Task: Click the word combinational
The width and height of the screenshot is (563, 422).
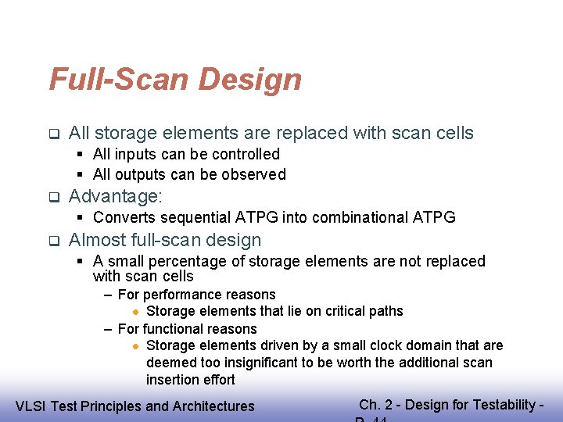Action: pyautogui.click(x=353, y=217)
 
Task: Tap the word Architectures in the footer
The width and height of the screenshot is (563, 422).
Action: pyautogui.click(x=211, y=406)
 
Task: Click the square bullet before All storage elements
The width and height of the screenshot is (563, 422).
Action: pyautogui.click(x=53, y=134)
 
